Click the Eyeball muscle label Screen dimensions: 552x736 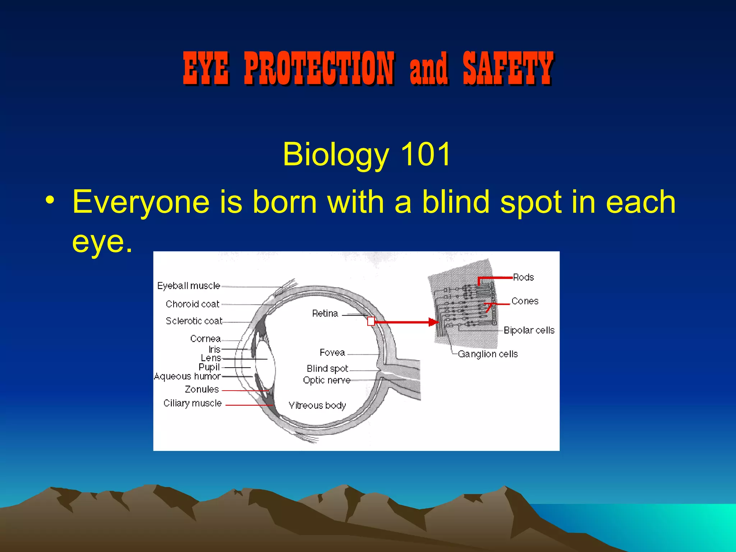coord(188,286)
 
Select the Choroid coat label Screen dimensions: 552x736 coord(192,304)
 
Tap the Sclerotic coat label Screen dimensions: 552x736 coord(194,321)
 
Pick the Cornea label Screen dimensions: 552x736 coord(205,339)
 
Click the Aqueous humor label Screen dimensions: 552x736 coord(187,376)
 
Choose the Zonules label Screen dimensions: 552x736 coord(202,389)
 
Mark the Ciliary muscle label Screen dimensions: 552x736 coord(192,403)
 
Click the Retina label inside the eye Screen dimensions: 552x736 coord(325,313)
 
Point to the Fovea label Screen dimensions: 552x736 coord(332,353)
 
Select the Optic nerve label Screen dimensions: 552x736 coord(326,380)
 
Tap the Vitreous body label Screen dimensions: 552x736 coord(317,405)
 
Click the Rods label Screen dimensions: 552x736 coord(523,277)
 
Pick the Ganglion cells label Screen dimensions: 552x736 coord(488,354)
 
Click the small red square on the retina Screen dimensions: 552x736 coord(371,321)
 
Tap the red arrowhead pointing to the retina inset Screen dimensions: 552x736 coord(434,322)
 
